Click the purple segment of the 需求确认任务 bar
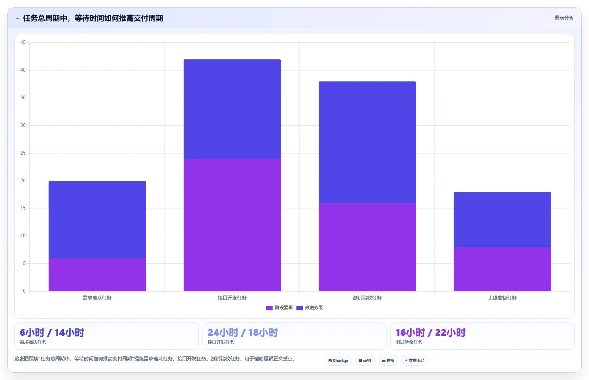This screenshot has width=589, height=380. (97, 274)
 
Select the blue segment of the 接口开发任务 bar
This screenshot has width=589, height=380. (232, 109)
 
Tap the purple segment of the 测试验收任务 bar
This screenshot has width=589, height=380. (367, 247)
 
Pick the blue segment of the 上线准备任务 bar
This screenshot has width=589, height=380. (502, 219)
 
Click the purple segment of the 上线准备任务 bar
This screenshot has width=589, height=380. (502, 269)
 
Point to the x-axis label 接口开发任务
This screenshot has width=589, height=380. (232, 298)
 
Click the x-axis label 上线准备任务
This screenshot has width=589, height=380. (502, 298)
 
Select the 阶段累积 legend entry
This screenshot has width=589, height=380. (279, 308)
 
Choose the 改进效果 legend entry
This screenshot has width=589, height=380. (309, 308)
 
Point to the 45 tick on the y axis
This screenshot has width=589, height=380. (23, 42)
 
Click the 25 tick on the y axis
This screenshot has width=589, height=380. (23, 153)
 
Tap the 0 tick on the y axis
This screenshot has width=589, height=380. (24, 291)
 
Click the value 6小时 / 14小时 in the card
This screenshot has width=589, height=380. (52, 333)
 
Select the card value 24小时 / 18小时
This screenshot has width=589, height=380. (243, 333)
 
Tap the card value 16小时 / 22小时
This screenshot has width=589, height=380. (430, 333)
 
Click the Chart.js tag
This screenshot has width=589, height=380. (338, 360)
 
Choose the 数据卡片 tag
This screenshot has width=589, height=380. (415, 360)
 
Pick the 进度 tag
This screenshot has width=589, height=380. (388, 360)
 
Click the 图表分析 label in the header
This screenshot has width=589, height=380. (564, 18)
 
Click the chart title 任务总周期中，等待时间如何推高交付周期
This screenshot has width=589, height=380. (93, 18)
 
